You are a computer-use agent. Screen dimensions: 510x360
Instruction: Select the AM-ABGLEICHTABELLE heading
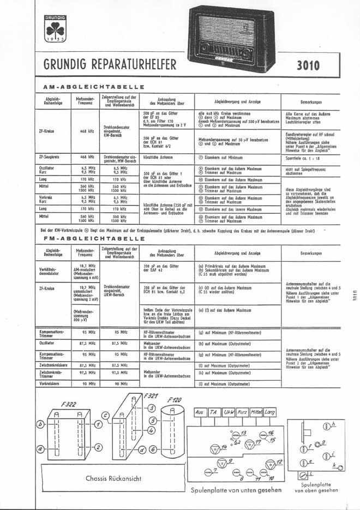(93, 87)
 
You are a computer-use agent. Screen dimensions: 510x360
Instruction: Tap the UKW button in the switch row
(225, 413)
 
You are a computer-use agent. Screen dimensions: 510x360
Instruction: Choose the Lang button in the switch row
(269, 413)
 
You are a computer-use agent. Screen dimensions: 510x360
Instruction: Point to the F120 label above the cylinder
(176, 399)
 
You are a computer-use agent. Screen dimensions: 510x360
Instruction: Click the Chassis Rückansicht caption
(115, 478)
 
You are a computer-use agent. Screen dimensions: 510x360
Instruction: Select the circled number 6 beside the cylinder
(153, 448)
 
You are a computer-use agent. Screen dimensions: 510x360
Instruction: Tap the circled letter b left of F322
(40, 423)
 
